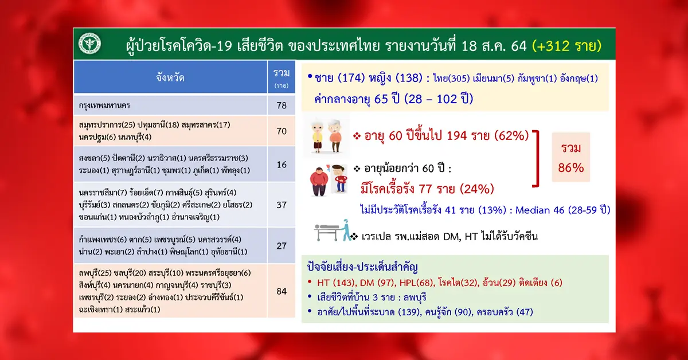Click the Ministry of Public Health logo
click(89, 44)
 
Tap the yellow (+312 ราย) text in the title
click(566, 45)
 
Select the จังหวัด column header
click(170, 77)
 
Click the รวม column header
click(282, 77)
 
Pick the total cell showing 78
click(282, 105)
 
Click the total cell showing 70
click(282, 131)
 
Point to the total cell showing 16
click(282, 165)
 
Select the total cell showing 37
click(282, 205)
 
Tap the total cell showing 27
click(282, 246)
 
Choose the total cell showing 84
click(282, 291)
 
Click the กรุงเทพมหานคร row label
click(104, 105)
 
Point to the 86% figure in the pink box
click(570, 168)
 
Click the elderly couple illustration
click(326, 136)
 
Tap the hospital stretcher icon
click(333, 230)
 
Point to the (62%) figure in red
click(511, 135)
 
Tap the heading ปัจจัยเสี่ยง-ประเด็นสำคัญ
click(362, 267)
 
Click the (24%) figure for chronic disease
click(476, 189)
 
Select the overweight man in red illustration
click(319, 181)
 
